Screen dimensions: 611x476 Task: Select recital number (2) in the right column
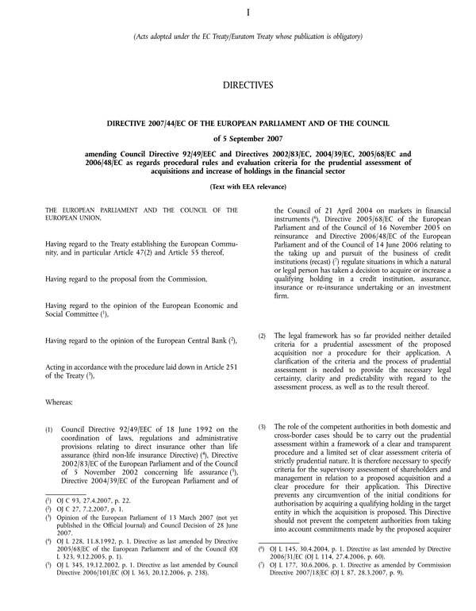263,337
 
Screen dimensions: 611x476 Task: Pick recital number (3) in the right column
263,428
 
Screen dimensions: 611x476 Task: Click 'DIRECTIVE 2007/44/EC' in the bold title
154,123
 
